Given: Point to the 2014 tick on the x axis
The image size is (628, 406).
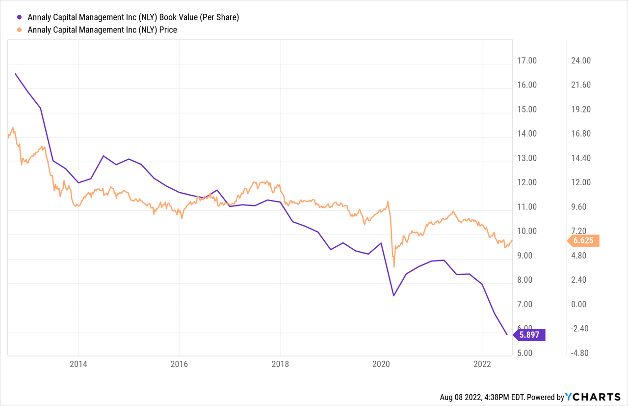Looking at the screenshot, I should coord(78,364).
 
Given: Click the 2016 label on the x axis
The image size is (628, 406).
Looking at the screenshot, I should coord(179,364).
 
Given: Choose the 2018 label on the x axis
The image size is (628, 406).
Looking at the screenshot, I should coord(280,364).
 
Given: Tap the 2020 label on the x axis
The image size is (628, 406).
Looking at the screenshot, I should coord(381,364).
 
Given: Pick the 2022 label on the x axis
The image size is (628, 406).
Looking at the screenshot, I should coord(482,364).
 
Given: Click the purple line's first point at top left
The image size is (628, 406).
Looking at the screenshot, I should coord(15,74).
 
